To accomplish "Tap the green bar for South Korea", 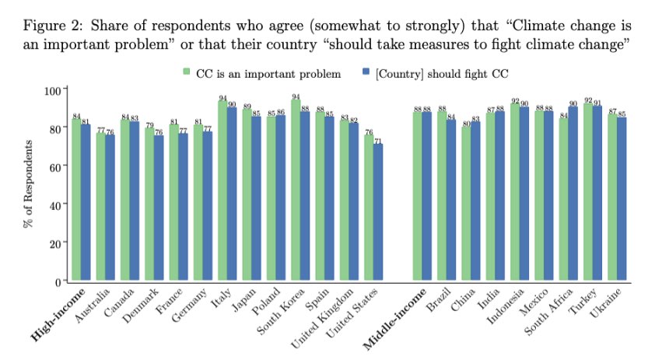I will click(296, 190).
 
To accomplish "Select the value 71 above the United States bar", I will click(379, 140).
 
